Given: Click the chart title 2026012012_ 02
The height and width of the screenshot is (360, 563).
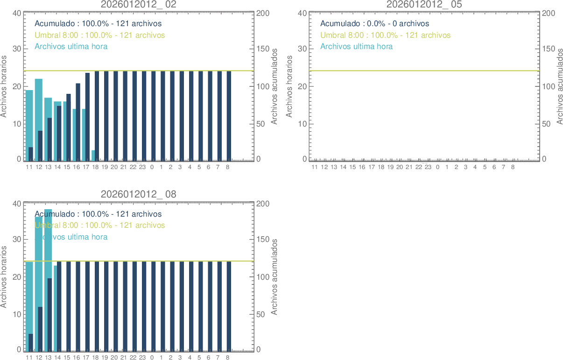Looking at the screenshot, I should pos(139,4).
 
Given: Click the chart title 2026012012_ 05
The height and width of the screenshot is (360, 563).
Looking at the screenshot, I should pos(424,4).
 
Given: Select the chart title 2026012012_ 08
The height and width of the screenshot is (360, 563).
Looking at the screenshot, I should pos(139,194).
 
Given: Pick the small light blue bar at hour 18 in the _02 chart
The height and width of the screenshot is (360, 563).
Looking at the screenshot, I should pos(93,156).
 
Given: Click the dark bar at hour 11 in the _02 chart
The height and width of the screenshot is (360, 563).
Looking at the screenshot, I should pos(31,154).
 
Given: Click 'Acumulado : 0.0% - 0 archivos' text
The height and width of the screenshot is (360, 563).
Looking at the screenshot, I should pos(374,23).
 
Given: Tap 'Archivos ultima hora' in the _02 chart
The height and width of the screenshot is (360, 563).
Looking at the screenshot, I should pos(71,46).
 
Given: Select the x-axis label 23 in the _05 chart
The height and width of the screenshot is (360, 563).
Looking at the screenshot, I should pos(428,167).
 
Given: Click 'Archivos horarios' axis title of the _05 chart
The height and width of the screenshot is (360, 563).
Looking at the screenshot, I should pos(289,86).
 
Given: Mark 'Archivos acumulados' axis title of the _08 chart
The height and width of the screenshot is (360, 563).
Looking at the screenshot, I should pos(274,276).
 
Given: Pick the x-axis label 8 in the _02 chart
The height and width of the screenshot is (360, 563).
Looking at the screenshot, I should pos(228,167).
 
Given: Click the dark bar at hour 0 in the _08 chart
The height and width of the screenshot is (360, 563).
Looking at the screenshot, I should pos(153,306).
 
